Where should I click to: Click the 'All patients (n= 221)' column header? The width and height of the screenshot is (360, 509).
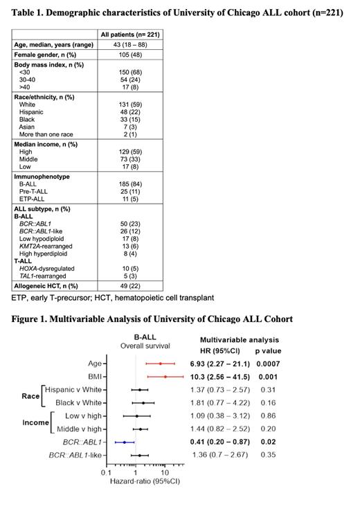point(131,34)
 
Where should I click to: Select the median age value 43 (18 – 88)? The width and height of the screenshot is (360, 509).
point(131,45)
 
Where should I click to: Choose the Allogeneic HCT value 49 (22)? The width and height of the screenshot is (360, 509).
point(131,285)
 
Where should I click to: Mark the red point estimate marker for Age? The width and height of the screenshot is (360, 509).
point(161,363)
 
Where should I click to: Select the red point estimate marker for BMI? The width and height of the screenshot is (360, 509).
point(165,377)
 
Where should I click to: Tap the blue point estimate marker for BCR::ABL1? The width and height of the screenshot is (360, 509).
point(125,441)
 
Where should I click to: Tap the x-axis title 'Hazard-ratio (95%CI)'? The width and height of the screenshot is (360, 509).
point(142,481)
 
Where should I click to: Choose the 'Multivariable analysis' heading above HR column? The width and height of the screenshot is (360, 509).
point(239,339)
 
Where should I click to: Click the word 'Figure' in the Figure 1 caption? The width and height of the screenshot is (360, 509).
point(27,319)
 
